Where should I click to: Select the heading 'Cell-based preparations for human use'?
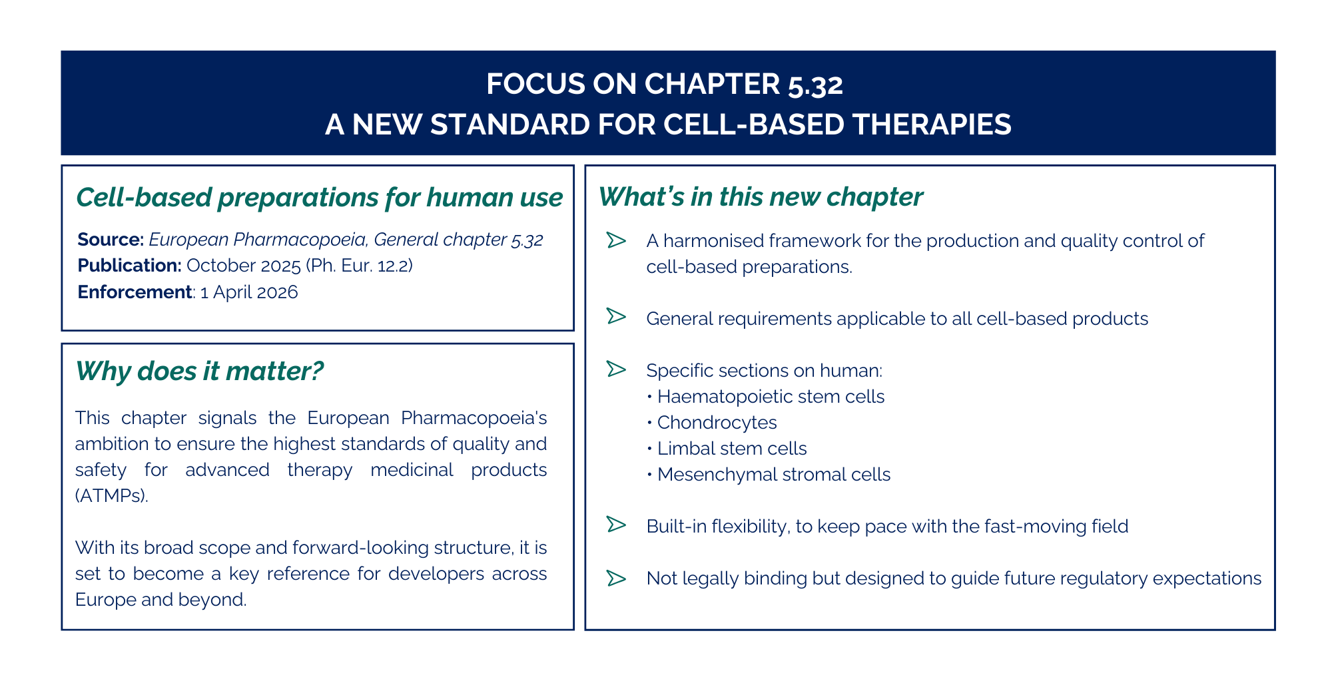[x=320, y=198]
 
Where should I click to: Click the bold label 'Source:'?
[x=111, y=239]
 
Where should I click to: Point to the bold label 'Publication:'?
[x=129, y=266]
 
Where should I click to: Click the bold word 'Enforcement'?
[x=135, y=292]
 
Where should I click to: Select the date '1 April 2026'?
[x=249, y=292]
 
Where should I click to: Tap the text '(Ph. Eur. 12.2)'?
[x=360, y=266]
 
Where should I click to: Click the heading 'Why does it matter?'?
[x=200, y=371]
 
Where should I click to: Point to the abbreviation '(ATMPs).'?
[x=111, y=496]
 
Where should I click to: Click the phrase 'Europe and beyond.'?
[x=161, y=600]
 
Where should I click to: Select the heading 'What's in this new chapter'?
[x=761, y=197]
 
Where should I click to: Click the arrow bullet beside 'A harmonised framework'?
[x=617, y=240]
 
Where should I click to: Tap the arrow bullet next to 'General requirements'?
[x=617, y=316]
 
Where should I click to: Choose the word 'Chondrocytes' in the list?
[x=717, y=423]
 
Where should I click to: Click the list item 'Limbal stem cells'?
[x=732, y=449]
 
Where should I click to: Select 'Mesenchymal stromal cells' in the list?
[x=774, y=475]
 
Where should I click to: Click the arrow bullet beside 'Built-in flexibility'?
[x=617, y=525]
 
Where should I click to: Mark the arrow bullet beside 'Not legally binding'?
[x=617, y=578]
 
